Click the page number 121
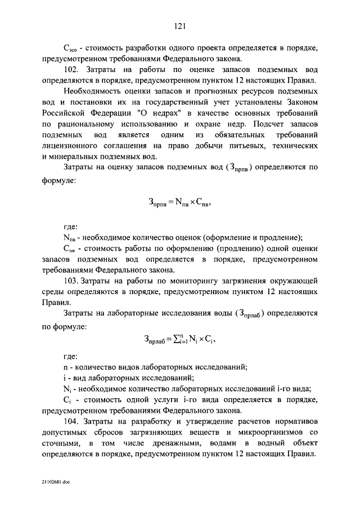[x=180, y=26]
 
